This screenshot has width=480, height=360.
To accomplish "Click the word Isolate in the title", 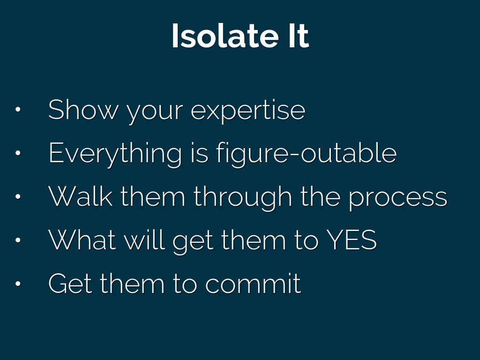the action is [225, 36].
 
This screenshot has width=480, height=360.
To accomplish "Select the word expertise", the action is [248, 112].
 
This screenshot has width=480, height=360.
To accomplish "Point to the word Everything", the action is [115, 154].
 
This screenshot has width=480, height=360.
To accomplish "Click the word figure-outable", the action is [307, 154].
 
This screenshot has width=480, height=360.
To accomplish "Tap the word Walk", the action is [81, 196].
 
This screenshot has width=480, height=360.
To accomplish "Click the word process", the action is [398, 199].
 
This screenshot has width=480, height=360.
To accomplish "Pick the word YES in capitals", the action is [352, 240].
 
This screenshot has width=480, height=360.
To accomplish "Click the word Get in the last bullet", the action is [70, 283].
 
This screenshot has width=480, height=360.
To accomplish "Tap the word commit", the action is [253, 283].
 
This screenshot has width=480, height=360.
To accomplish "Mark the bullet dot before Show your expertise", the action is [18, 109].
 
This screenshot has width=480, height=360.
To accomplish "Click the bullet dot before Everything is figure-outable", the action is [18, 153].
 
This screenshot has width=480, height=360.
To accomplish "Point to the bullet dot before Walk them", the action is [18, 196].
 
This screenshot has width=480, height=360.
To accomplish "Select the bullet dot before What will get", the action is [18, 240].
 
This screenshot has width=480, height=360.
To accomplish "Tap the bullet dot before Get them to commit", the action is [18, 284].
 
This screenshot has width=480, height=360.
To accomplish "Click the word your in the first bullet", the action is [155, 112].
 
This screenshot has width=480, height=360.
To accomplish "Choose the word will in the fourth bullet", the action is [144, 240].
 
